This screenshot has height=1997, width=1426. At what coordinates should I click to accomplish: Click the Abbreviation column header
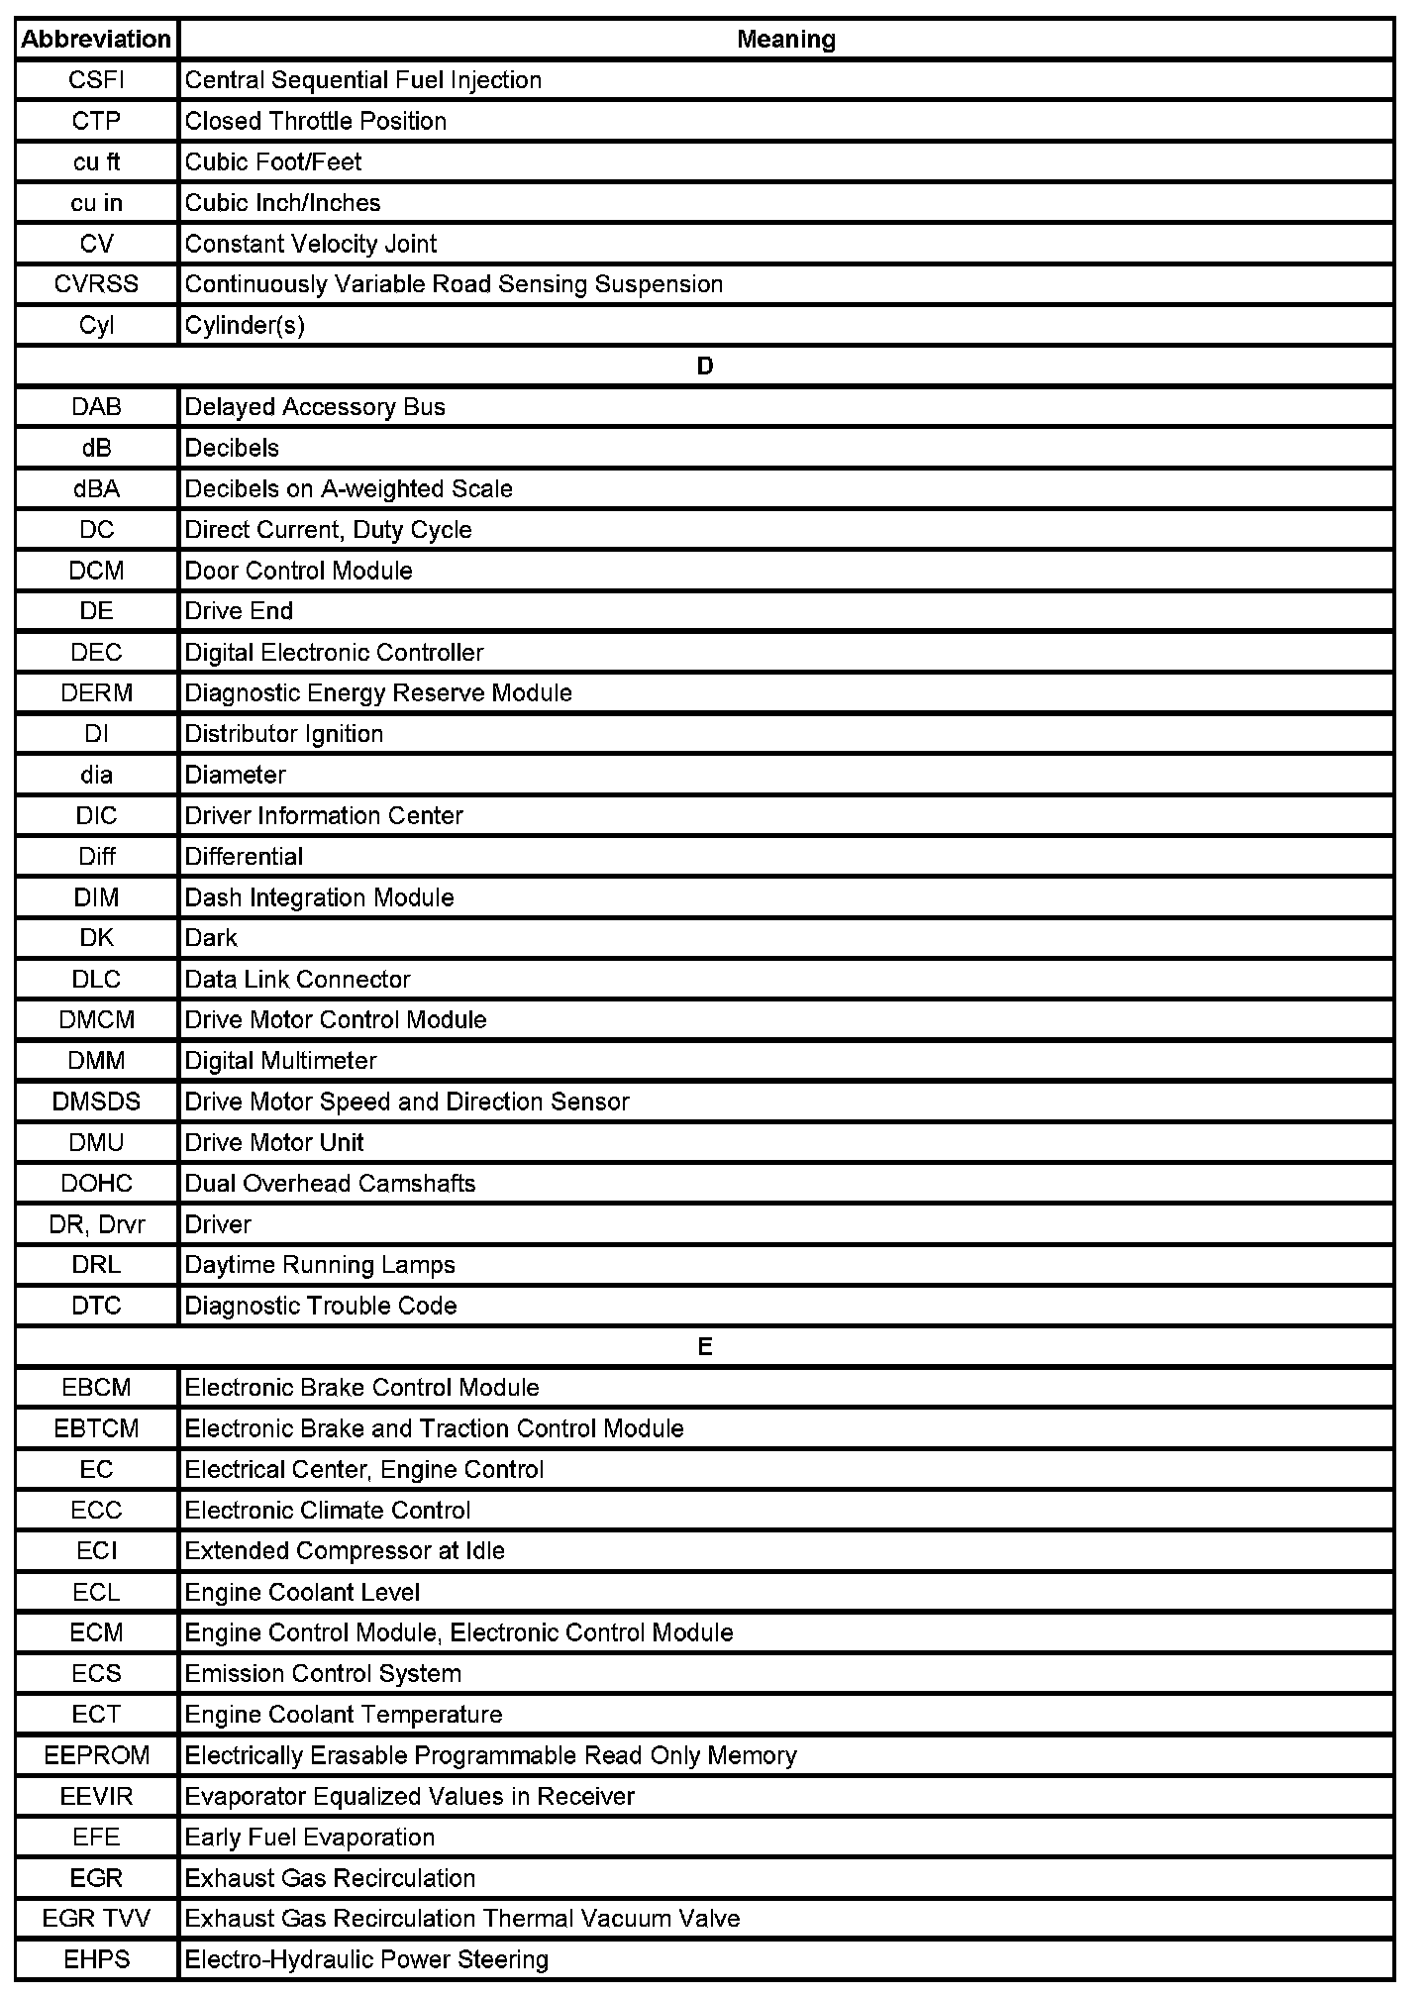(96, 40)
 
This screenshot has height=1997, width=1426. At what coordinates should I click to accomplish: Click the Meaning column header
(786, 40)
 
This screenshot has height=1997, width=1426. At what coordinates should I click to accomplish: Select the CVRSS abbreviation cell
(96, 284)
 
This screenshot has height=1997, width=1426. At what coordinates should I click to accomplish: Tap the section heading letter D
(704, 367)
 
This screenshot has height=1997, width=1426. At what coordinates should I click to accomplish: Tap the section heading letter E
(704, 1347)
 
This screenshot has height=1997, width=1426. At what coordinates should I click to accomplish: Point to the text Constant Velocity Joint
(310, 244)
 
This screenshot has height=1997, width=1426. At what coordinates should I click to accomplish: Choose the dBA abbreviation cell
(96, 488)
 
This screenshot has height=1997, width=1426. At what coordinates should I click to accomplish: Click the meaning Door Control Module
(298, 571)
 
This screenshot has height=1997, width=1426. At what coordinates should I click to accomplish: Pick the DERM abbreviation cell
(96, 692)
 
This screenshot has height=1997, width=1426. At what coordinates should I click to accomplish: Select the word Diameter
(235, 775)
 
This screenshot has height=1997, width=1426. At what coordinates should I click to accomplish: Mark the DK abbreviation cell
(96, 937)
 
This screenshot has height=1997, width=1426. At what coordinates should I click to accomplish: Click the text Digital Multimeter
(280, 1061)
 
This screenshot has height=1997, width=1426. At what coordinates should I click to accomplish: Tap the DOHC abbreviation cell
(96, 1183)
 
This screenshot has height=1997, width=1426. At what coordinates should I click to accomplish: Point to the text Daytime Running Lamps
(320, 1265)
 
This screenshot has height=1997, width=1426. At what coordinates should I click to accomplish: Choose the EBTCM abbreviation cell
(96, 1428)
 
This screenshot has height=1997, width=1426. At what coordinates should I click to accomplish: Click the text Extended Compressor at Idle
(345, 1550)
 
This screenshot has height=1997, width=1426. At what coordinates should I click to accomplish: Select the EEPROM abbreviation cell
(96, 1755)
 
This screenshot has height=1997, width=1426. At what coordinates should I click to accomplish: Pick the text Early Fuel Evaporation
(309, 1838)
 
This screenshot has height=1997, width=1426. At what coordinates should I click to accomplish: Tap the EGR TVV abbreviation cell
(96, 1919)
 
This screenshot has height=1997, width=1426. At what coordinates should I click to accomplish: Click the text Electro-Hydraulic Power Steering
(366, 1959)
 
